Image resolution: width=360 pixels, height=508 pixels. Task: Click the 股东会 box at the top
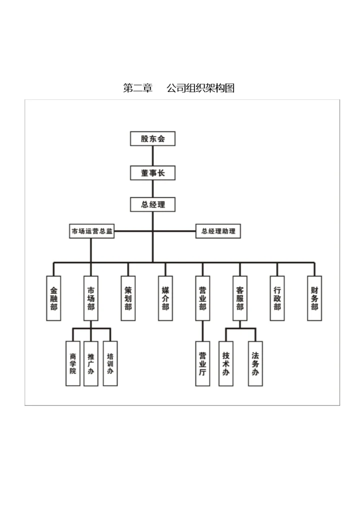[x=152, y=138]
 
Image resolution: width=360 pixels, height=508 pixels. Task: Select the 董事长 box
[x=152, y=173]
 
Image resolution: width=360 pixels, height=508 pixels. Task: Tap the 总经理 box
[x=152, y=204]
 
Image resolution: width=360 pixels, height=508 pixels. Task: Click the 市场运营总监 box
[x=91, y=232]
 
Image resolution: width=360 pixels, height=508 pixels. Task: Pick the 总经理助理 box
[x=218, y=231]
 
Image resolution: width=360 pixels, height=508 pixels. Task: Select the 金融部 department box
[x=53, y=298]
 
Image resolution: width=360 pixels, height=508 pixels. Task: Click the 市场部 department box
[x=91, y=298]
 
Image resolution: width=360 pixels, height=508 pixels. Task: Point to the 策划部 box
[x=128, y=298]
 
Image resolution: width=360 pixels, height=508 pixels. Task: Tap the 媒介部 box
[x=165, y=298]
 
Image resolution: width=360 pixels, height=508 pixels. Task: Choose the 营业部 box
[x=202, y=298]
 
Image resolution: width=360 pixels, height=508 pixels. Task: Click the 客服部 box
[x=239, y=298]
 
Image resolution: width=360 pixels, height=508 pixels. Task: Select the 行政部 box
[x=277, y=298]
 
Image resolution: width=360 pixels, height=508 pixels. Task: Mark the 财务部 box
[x=314, y=298]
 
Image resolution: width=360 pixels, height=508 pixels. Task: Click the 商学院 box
[x=73, y=363]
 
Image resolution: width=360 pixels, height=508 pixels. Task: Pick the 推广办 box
[x=91, y=363]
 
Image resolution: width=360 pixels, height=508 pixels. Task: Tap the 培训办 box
[x=110, y=363]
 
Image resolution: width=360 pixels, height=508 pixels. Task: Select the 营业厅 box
[x=202, y=363]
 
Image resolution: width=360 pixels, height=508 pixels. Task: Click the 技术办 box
[x=226, y=363]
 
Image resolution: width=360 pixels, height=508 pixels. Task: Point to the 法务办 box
[x=255, y=363]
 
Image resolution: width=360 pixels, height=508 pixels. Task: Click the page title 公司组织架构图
[x=200, y=88]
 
